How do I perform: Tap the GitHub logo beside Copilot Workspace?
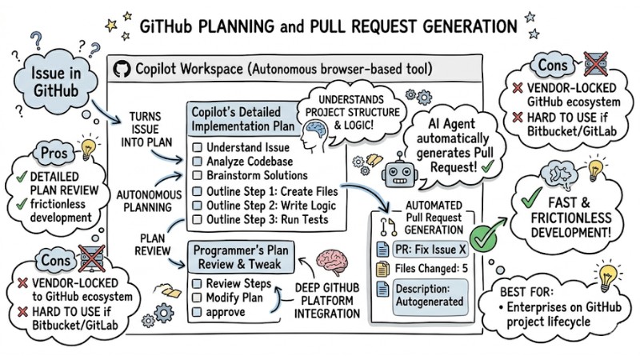click(122, 69)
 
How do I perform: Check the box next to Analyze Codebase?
click(197, 162)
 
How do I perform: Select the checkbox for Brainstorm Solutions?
click(197, 177)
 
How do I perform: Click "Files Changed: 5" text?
click(433, 268)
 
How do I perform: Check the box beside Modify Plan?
click(197, 298)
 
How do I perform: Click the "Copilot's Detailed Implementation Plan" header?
click(242, 118)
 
